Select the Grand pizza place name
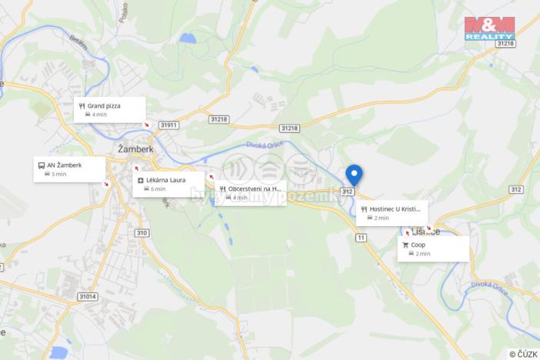point(104,105)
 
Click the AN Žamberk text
point(65,165)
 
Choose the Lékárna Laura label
point(166,180)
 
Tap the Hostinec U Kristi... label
point(395,208)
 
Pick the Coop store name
point(418,245)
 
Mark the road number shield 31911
point(168,125)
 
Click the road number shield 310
point(141,232)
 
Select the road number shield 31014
point(88,296)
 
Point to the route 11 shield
point(360,238)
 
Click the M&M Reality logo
point(489,28)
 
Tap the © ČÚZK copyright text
point(523,354)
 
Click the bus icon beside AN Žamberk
point(41,165)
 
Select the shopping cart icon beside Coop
point(405,245)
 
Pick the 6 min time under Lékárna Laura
point(158,188)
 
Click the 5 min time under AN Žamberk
point(59,174)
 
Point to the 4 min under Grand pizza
point(99,115)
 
